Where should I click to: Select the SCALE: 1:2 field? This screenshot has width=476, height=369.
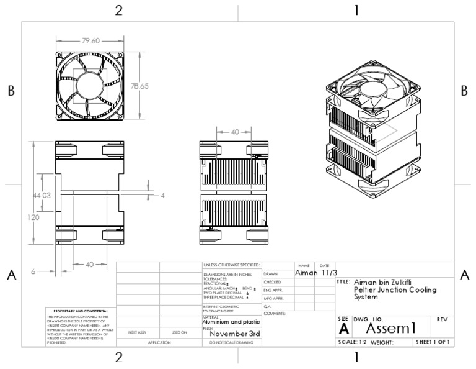pos(352,342)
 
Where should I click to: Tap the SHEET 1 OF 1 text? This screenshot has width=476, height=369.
pos(433,342)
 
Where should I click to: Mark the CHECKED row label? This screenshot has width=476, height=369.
pos(273,281)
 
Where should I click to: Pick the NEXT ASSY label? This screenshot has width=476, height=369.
pos(137,332)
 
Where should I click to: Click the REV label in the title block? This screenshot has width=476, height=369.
pos(443,319)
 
